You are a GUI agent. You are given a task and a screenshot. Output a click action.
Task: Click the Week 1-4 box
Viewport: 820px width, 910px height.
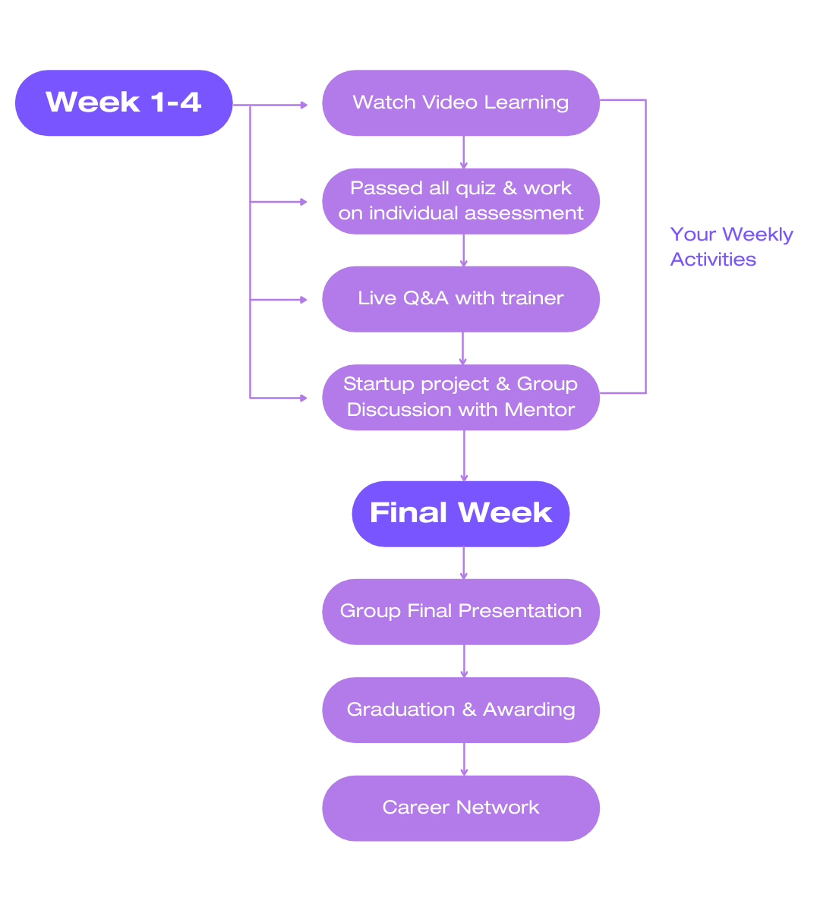pyautogui.click(x=123, y=102)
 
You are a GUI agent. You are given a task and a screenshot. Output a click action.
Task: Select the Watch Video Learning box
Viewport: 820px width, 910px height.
pyautogui.click(x=460, y=102)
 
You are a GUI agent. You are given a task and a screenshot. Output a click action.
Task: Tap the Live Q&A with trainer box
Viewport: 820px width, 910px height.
pyautogui.click(x=460, y=298)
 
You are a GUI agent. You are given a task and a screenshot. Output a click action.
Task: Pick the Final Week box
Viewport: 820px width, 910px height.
pyautogui.click(x=460, y=513)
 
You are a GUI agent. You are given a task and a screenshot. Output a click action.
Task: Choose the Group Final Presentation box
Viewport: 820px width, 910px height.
pyautogui.click(x=460, y=611)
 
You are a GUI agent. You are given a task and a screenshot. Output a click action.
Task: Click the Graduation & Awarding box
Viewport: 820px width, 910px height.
pyautogui.click(x=460, y=710)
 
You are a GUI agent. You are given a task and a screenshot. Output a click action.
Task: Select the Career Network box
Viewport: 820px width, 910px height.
pyautogui.click(x=460, y=808)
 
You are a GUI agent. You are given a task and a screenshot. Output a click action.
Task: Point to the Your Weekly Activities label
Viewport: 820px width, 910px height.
pyautogui.click(x=731, y=247)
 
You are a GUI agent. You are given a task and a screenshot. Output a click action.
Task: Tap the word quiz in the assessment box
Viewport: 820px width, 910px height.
pyautogui.click(x=475, y=188)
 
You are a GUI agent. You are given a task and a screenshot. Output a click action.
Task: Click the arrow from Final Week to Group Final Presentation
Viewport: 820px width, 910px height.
pyautogui.click(x=464, y=563)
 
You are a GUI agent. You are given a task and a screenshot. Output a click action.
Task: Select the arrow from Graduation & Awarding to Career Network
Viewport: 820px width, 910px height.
pyautogui.click(x=464, y=759)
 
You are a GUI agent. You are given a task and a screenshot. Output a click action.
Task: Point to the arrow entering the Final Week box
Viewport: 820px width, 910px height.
pyautogui.click(x=464, y=455)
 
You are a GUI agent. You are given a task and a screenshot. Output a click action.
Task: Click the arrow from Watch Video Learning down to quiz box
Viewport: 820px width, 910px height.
pyautogui.click(x=464, y=152)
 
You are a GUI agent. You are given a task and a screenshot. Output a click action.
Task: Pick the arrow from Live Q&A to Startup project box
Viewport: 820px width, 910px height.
pyautogui.click(x=464, y=348)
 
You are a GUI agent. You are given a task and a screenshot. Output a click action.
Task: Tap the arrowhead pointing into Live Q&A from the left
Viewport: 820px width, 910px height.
pyautogui.click(x=304, y=300)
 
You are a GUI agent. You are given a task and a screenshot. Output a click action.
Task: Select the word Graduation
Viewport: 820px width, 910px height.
pyautogui.click(x=401, y=710)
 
